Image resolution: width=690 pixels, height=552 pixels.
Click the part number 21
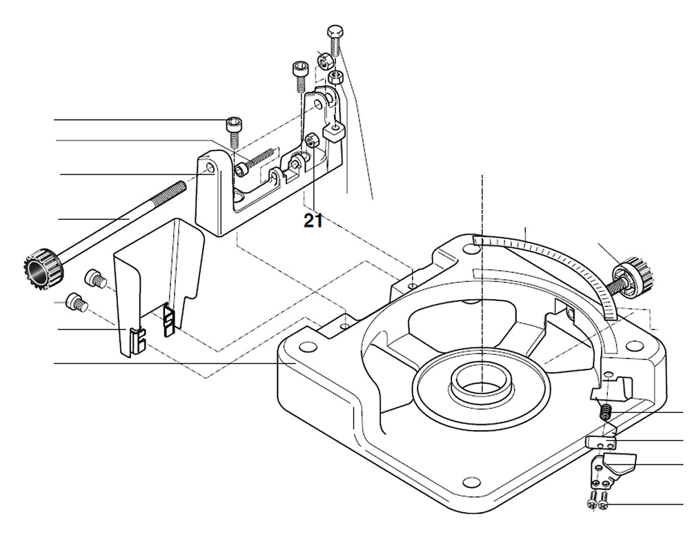click(x=313, y=221)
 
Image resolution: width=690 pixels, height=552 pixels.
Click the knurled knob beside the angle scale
click(x=634, y=274)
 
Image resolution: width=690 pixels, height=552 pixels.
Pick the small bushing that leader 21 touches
click(x=312, y=141)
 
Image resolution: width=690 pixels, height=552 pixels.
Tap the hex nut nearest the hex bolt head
click(x=324, y=61)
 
